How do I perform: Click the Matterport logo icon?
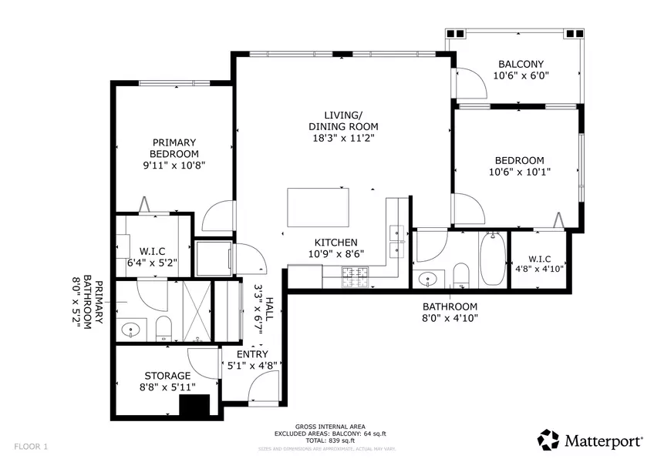(549, 440)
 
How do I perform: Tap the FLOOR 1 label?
(31, 446)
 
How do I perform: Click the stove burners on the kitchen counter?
(356, 273)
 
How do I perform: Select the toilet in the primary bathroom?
(163, 327)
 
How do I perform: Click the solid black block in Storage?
(194, 406)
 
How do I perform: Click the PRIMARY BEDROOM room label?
(174, 147)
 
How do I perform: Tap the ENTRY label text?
(252, 354)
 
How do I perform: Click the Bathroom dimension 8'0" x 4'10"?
(450, 317)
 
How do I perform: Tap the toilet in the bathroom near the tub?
(461, 275)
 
